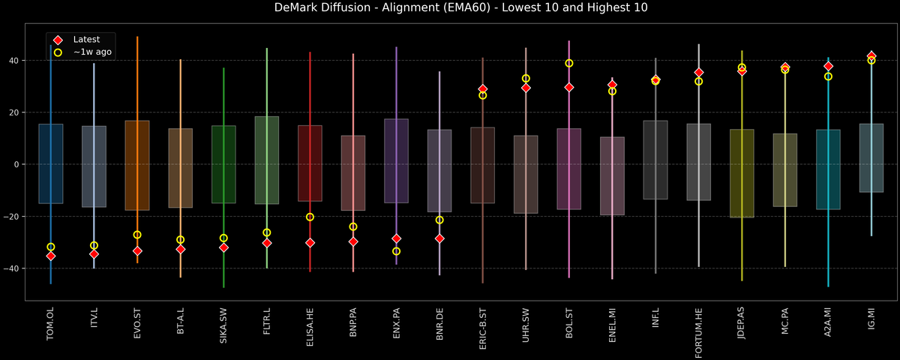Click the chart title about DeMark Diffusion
tap(450, 8)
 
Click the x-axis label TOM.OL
tap(51, 325)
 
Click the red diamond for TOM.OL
tap(51, 256)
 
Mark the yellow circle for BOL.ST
tap(569, 63)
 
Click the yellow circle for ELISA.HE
tap(310, 217)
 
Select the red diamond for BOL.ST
tap(569, 87)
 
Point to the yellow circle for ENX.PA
tap(397, 251)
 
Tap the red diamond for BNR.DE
tap(439, 238)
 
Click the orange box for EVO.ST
tap(137, 165)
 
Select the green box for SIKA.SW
tap(223, 164)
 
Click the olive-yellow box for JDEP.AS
tap(742, 173)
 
